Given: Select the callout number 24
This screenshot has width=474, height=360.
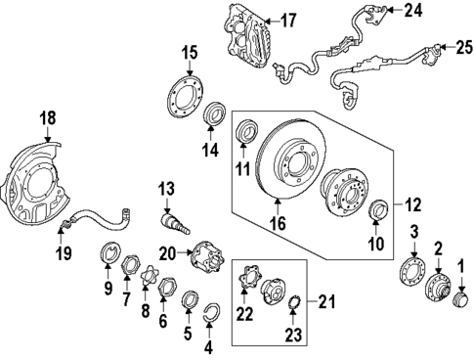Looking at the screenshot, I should point(414,12).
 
